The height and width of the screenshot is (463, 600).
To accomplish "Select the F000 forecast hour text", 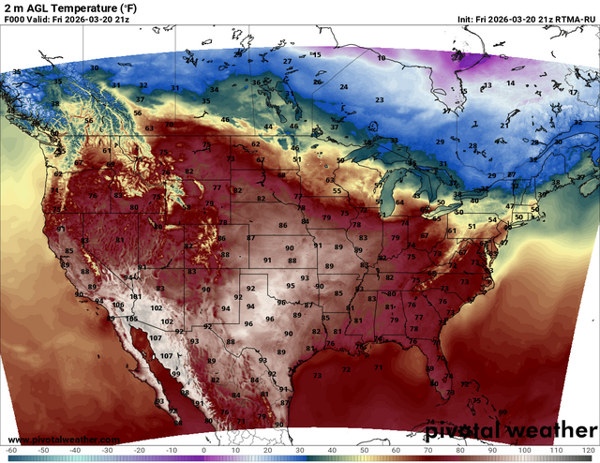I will coord(14,20).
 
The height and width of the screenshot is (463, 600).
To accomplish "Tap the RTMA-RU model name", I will coord(572,20).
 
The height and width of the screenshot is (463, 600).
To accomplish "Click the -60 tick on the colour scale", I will coord(11,451).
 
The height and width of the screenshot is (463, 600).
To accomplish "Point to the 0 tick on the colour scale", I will coord(204,451).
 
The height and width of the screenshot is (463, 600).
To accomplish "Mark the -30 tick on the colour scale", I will coord(108,451).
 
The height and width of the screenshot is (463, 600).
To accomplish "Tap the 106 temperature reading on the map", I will coord(118,305).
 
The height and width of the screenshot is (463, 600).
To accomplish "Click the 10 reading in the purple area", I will coord(381,58).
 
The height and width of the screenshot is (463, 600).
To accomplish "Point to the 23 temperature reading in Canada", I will coord(380,99).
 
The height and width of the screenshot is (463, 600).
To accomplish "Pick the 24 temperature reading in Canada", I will coord(344,87).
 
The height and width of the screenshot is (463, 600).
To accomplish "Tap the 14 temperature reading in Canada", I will coord(511,83).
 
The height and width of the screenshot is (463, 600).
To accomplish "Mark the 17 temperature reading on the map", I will coord(573,93).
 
